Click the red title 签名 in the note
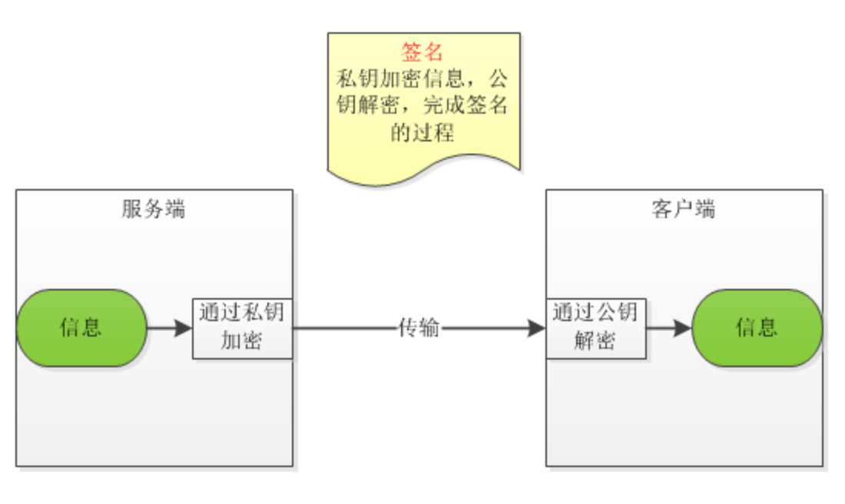pos(422,52)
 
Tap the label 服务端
pos(154,209)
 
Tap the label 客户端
pos(684,209)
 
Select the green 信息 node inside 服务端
pos(81,328)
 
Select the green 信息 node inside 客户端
pos(757,328)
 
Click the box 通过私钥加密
pos(242,328)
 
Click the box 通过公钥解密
pos(595,328)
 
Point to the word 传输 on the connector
pos(419,328)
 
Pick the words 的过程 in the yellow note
pos(422,133)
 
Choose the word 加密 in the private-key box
pos(242,340)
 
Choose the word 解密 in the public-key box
pos(595,340)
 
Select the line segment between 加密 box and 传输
pos(342,328)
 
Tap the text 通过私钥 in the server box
pos(242,313)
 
